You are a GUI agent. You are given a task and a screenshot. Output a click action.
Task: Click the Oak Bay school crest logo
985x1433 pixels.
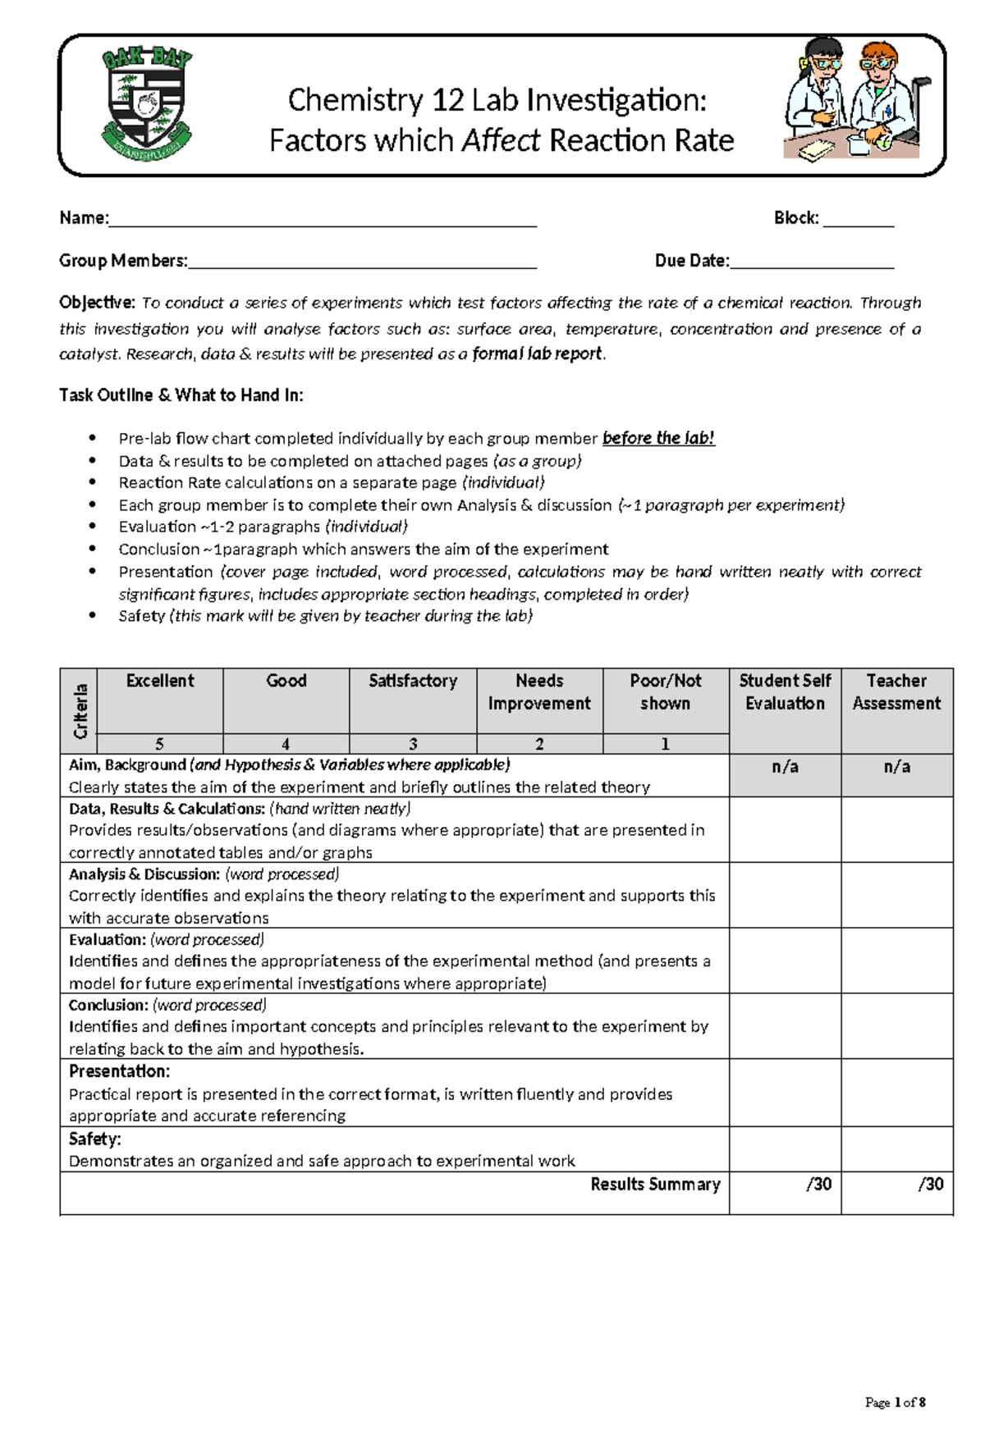click(x=147, y=103)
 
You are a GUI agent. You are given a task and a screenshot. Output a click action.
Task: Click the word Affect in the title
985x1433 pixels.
click(x=501, y=141)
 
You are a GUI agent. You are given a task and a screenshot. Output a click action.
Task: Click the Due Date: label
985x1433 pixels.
click(x=691, y=261)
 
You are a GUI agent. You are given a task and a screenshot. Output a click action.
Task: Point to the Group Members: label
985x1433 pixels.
click(x=123, y=261)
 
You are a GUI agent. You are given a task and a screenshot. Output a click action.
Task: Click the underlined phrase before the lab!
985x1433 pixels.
click(x=658, y=438)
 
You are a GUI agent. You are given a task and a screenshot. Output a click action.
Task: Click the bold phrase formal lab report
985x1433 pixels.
click(x=538, y=354)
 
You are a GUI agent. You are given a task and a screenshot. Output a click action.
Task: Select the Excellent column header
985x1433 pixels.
click(x=160, y=681)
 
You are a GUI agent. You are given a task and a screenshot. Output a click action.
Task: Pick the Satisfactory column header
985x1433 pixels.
click(x=413, y=681)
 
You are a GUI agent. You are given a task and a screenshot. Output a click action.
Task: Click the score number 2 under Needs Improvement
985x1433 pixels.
click(x=539, y=744)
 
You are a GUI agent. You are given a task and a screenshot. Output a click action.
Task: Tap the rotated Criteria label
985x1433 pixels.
click(x=80, y=710)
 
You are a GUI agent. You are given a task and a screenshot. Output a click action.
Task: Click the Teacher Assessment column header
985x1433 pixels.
click(x=896, y=691)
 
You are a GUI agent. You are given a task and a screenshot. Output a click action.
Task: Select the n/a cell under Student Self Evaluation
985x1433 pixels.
click(x=785, y=767)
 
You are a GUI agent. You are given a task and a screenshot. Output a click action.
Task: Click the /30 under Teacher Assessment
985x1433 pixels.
click(x=930, y=1184)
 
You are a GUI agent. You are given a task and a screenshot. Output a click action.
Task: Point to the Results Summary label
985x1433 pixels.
click(x=655, y=1184)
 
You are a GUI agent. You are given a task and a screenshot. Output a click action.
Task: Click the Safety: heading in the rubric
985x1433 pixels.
click(x=94, y=1139)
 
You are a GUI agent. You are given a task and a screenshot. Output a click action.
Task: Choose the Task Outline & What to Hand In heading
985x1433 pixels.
click(x=181, y=395)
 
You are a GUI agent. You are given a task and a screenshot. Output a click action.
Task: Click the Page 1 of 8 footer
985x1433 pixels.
click(x=895, y=1402)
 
